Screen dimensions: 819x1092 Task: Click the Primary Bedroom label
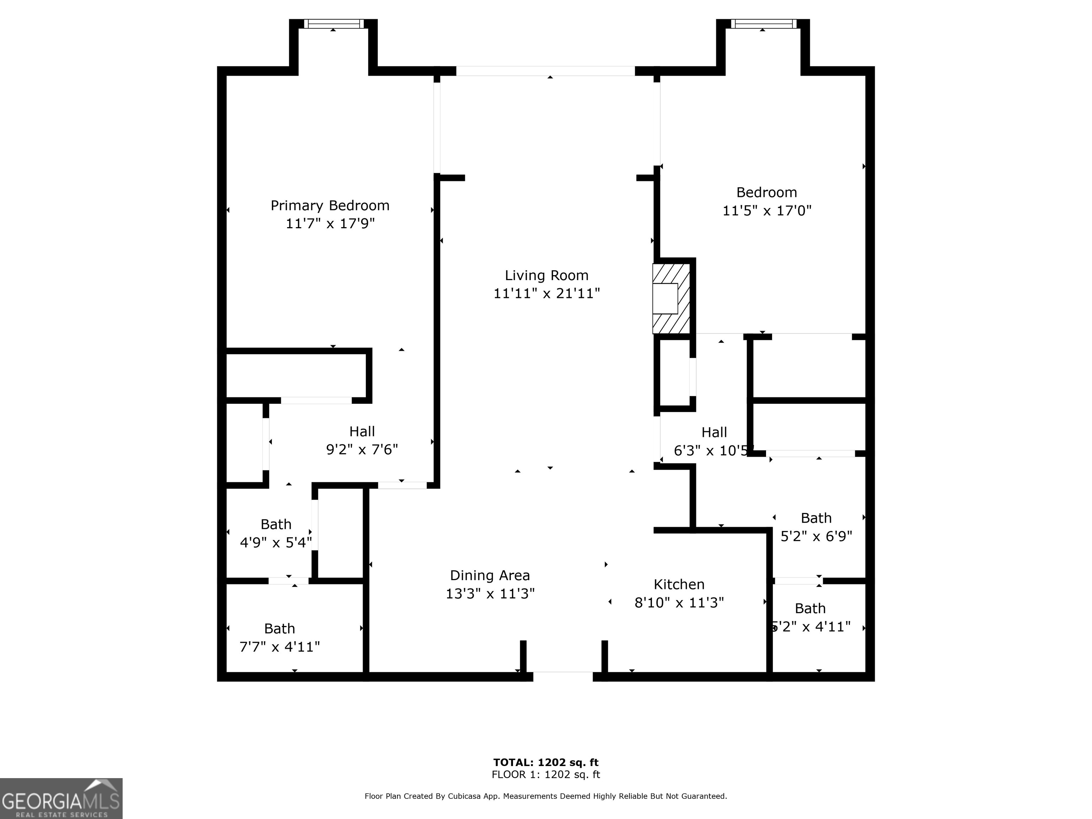(330, 205)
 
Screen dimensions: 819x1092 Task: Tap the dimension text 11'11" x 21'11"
(546, 293)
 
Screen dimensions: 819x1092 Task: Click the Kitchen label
(679, 584)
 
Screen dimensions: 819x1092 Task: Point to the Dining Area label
(490, 575)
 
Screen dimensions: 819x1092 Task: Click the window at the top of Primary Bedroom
(333, 24)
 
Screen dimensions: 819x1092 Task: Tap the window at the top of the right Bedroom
(763, 24)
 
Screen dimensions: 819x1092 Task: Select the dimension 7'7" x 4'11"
(279, 647)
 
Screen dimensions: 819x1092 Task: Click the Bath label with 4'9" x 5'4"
(276, 524)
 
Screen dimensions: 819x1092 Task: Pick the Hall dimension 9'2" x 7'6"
(362, 450)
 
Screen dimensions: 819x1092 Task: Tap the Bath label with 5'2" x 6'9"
(816, 518)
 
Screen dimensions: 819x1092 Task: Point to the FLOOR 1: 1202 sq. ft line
(546, 775)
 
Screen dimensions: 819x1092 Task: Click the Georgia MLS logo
(61, 798)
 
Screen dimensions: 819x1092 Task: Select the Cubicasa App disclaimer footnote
(546, 796)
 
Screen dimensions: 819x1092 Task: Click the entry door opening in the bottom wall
(563, 676)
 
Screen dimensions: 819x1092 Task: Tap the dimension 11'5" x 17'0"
(767, 211)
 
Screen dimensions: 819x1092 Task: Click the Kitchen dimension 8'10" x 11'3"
(679, 602)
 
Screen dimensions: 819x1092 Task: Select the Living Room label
(546, 275)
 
